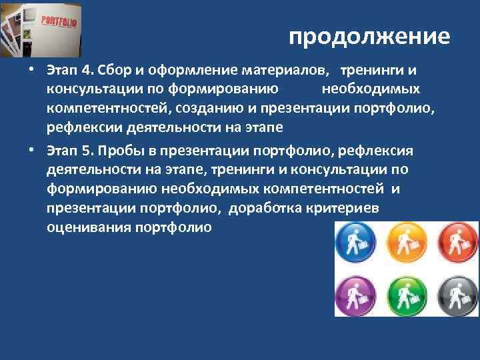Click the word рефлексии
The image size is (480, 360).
click(x=78, y=126)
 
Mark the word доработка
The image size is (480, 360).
click(x=261, y=209)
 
